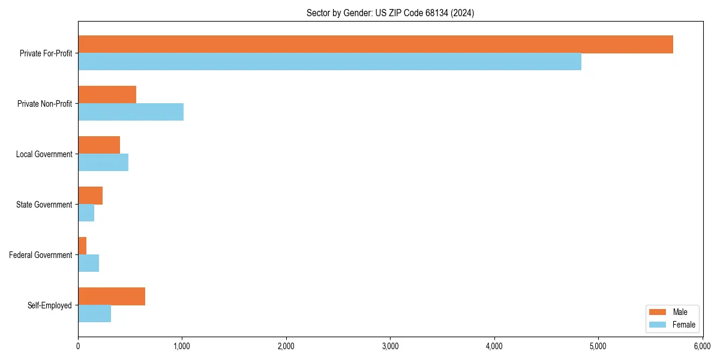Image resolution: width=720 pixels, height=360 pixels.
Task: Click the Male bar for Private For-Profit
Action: [x=375, y=44]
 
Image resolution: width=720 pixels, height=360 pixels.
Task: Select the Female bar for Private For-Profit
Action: [x=329, y=62]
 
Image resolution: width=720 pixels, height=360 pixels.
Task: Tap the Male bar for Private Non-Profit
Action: [x=107, y=95]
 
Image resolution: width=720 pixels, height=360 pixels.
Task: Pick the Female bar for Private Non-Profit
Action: [x=131, y=112]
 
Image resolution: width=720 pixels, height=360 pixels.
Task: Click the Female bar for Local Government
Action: [x=103, y=163]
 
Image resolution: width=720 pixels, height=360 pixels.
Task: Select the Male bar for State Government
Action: [x=90, y=196]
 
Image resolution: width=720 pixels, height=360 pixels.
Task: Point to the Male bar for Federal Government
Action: [x=82, y=246]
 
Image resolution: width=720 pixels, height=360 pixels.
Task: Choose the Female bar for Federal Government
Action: [x=88, y=263]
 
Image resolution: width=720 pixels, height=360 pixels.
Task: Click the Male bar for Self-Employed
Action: [x=112, y=296]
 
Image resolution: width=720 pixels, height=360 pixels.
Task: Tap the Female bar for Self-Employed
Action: [x=94, y=314]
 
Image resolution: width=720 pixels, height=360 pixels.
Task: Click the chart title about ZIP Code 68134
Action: [x=390, y=13]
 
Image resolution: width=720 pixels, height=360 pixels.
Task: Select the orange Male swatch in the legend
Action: [x=658, y=312]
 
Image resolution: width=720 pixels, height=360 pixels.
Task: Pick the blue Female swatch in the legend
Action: [x=658, y=325]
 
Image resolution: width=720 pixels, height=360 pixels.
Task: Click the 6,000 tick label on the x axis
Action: [x=702, y=346]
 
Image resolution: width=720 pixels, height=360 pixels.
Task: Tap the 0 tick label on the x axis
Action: [x=78, y=346]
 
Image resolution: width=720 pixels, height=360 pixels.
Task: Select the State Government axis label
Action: [x=44, y=205]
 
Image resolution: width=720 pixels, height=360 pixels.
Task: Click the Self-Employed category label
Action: [x=49, y=305]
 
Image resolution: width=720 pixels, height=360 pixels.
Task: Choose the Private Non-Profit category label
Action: [x=44, y=104]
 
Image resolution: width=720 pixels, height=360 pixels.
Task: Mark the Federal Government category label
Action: [x=41, y=255]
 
